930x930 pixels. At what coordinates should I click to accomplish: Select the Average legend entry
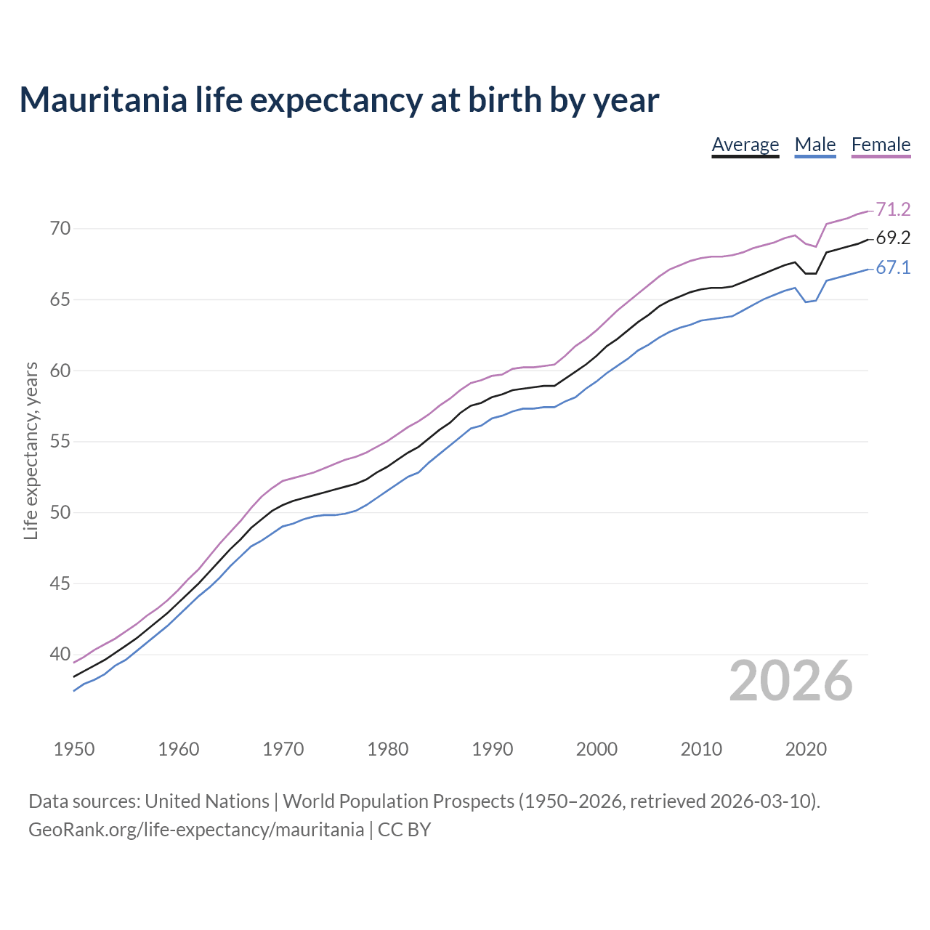[745, 145]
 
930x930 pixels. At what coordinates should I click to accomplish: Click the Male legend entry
[815, 145]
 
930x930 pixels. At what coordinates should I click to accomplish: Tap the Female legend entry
[881, 145]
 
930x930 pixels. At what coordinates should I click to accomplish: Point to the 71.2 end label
[893, 209]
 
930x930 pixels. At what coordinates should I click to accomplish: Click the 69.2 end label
[893, 238]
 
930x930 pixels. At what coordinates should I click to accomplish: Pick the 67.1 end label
[893, 268]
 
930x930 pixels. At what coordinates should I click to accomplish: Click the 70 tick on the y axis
[60, 229]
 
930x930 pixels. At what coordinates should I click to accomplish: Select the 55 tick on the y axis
[60, 442]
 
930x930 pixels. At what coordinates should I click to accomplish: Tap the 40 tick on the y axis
[60, 655]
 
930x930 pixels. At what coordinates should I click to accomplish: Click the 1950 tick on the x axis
[74, 749]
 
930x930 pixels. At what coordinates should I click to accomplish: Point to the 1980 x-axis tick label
[388, 749]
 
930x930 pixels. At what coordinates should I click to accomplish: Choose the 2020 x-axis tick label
[806, 749]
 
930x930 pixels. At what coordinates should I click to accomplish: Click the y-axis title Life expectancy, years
[31, 451]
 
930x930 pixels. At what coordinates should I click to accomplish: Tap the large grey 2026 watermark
[790, 681]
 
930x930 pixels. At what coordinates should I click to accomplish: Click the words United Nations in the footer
[207, 801]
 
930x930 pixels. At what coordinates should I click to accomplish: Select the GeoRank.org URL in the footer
[196, 830]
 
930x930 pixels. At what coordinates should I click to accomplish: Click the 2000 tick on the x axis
[597, 749]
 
